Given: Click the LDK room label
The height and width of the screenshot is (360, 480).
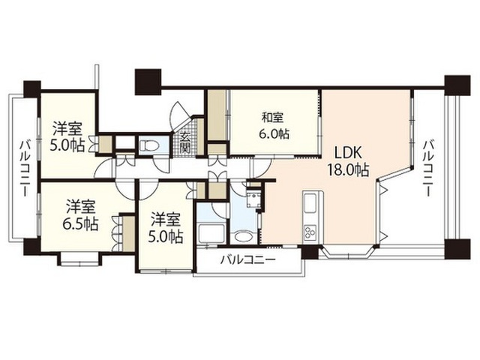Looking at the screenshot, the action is (x=348, y=152).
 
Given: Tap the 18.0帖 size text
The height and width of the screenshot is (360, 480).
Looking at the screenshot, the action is (x=348, y=169).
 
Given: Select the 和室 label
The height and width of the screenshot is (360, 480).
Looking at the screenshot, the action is (x=272, y=118).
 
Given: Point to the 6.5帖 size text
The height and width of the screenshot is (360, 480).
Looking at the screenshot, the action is (x=80, y=223).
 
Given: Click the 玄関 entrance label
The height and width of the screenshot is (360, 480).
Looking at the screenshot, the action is (x=185, y=142).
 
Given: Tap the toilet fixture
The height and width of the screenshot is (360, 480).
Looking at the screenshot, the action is (x=148, y=145).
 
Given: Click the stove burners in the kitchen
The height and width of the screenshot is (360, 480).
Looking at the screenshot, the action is (x=310, y=232).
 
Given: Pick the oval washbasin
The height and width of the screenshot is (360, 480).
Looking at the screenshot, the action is (x=243, y=237).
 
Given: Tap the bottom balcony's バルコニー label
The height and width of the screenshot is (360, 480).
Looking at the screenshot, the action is (x=248, y=260).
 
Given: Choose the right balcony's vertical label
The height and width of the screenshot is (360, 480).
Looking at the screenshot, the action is (x=427, y=168).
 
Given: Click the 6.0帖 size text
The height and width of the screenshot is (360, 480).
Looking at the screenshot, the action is (x=274, y=133).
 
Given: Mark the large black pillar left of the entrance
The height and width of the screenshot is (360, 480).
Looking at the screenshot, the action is (x=148, y=82).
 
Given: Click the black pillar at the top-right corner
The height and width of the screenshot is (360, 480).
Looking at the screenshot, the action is (x=457, y=85).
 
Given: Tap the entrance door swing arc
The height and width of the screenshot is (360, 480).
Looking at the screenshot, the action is (x=179, y=113).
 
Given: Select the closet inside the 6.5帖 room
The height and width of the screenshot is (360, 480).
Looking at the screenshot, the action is (x=128, y=233).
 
